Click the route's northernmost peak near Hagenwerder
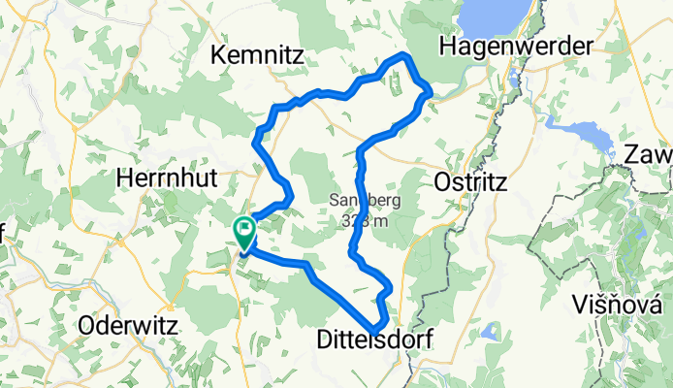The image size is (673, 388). (x=405, y=56)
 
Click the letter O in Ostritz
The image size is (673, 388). (x=435, y=181)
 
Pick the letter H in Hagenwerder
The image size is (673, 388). (x=447, y=46)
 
